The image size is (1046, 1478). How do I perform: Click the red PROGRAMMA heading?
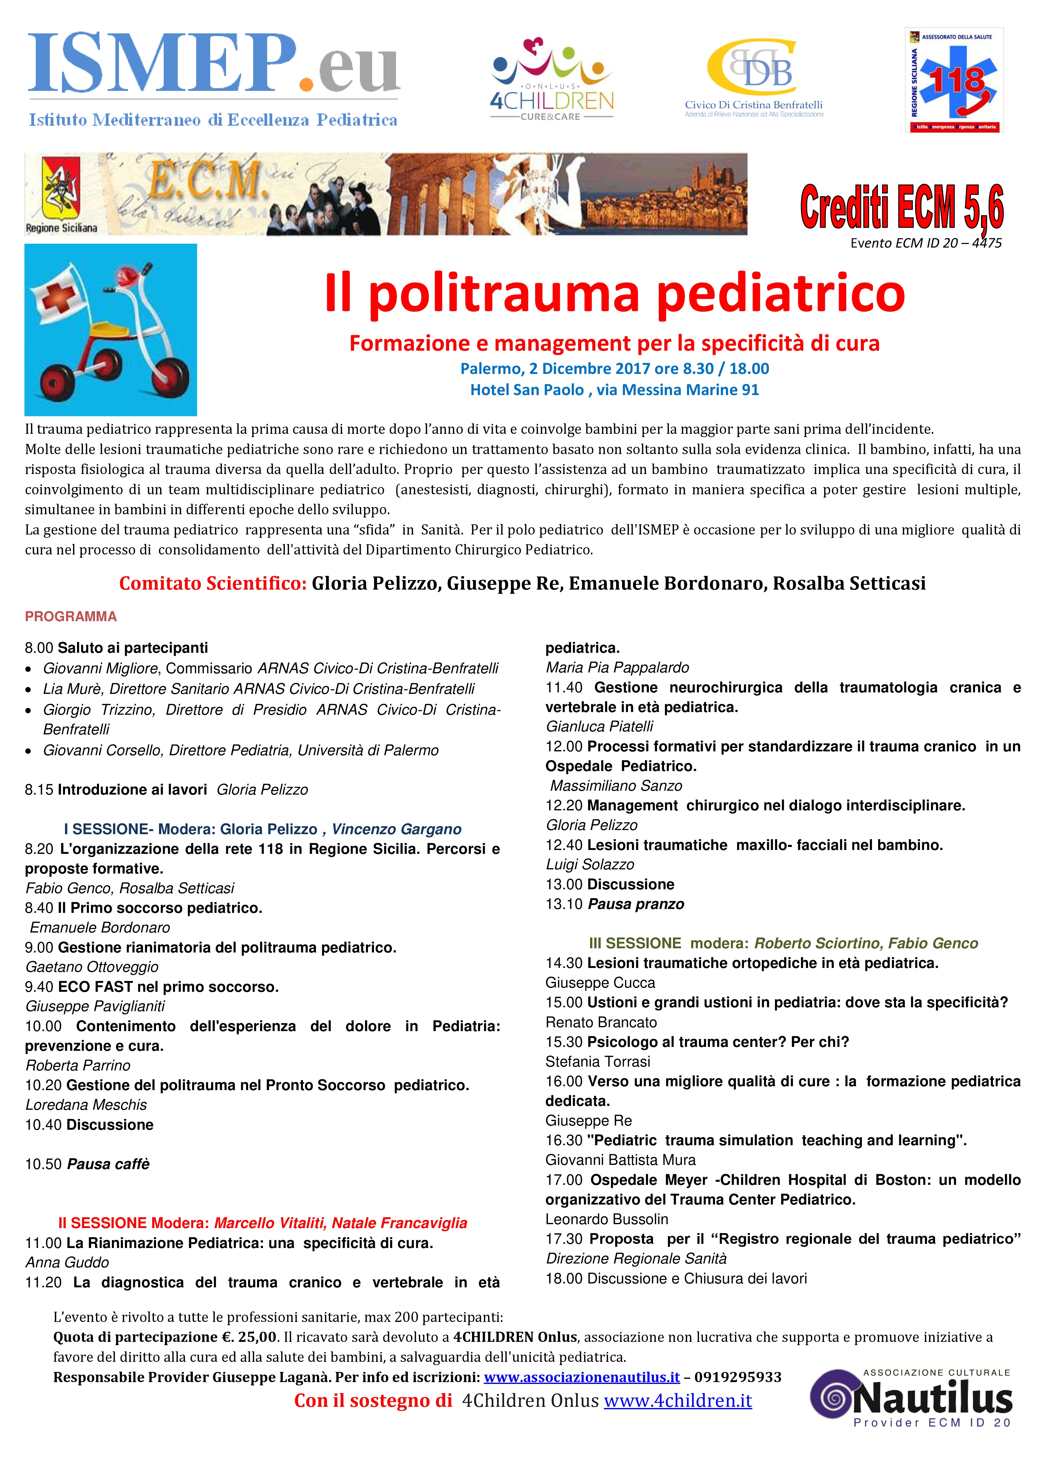coord(71,617)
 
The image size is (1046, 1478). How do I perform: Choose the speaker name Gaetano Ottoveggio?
coord(92,967)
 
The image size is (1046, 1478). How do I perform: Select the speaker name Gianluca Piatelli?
coord(599,727)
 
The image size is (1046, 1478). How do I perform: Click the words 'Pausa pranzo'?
coord(636,904)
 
